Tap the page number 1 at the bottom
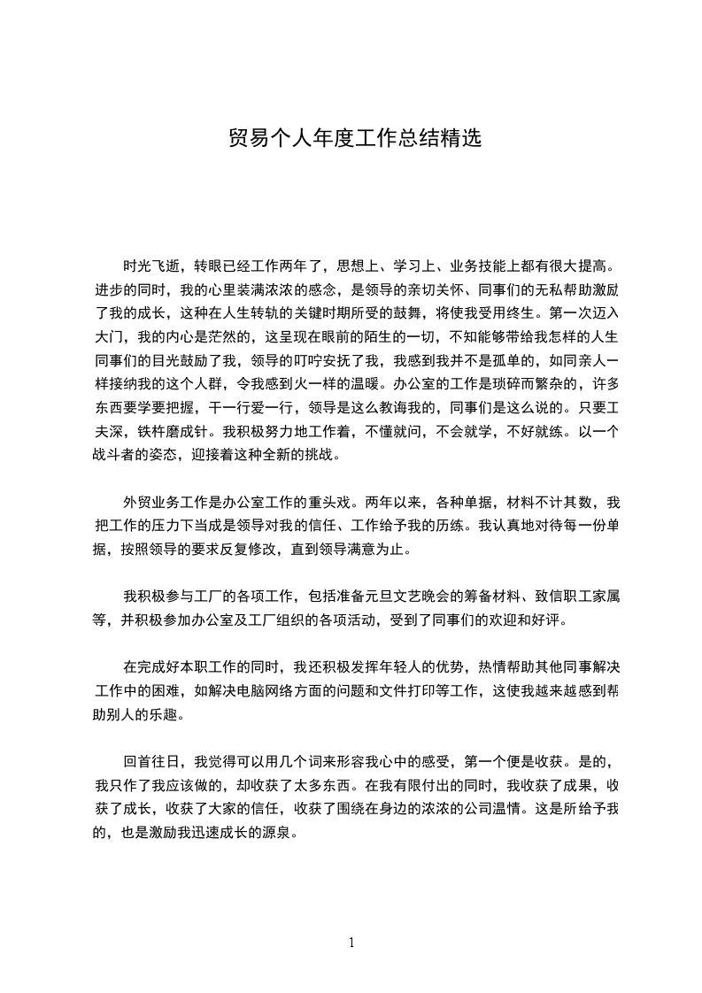(x=351, y=942)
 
